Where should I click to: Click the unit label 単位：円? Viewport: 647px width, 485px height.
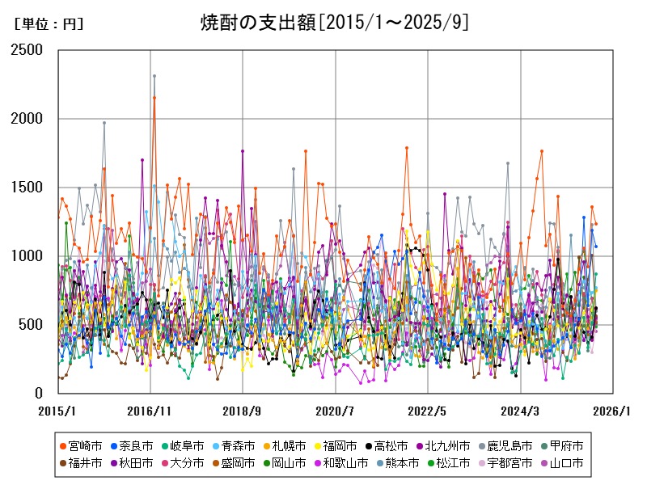tap(49, 24)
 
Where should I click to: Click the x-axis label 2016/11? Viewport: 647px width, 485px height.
tap(150, 411)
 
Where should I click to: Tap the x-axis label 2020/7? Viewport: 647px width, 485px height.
tap(336, 411)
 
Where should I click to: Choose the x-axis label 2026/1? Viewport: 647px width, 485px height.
tap(612, 411)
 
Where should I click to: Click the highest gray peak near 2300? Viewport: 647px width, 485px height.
tap(154, 76)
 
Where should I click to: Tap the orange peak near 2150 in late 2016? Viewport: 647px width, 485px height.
tap(154, 98)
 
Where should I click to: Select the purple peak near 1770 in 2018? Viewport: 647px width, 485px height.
tap(243, 150)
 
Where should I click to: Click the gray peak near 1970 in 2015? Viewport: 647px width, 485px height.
tap(104, 123)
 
